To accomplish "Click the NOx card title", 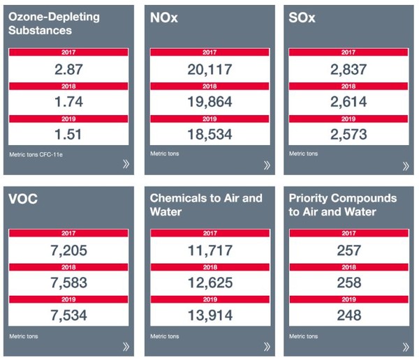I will (x=165, y=18).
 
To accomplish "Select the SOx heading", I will (x=302, y=18).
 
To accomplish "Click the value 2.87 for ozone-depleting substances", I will (x=68, y=68).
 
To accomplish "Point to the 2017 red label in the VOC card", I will (x=68, y=234).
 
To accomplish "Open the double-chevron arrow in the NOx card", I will (x=266, y=165).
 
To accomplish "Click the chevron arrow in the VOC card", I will (x=126, y=346).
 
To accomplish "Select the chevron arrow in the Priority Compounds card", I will (x=406, y=346).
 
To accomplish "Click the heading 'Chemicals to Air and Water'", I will (x=206, y=204).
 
